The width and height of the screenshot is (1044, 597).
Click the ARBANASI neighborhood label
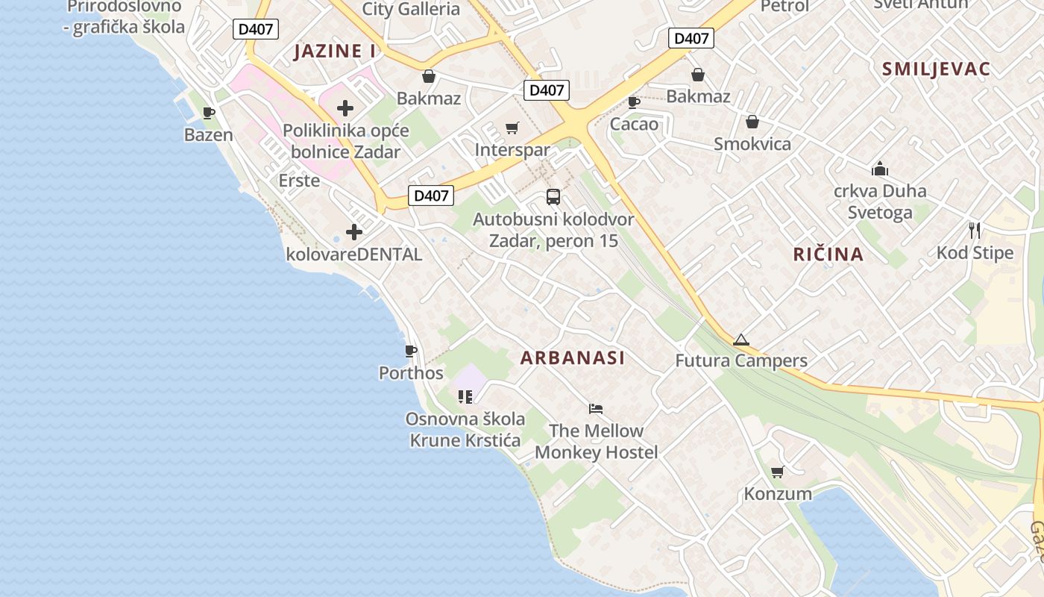[x=572, y=358]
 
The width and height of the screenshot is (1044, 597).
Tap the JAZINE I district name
[x=335, y=51]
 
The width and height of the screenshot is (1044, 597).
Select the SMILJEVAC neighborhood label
[x=936, y=69]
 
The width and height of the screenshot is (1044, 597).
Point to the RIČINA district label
[x=828, y=254]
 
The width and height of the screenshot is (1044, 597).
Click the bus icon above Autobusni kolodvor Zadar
[x=553, y=197]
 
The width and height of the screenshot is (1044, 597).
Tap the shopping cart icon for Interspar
[x=512, y=128]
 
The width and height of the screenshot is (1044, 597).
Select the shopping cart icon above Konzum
[x=777, y=472]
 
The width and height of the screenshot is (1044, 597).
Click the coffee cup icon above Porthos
[x=410, y=351]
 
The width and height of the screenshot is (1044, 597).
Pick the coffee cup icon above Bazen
[x=209, y=113]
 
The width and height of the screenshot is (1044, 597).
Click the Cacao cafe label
[x=634, y=124]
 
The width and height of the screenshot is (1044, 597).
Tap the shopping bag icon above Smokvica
[x=752, y=122]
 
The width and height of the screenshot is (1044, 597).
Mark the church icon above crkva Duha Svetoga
[x=880, y=169]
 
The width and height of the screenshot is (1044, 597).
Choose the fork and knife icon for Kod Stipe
[x=974, y=230]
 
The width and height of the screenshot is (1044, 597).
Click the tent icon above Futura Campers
[x=740, y=340]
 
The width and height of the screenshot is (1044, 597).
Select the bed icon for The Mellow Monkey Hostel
[x=595, y=409]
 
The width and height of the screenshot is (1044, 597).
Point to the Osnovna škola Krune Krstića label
[x=465, y=430]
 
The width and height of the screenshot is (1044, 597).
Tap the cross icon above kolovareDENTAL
[x=353, y=232]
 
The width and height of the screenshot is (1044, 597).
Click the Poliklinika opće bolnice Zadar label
[x=345, y=141]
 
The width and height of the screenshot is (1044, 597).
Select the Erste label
[x=299, y=181]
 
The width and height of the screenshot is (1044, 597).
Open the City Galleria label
[x=411, y=9]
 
